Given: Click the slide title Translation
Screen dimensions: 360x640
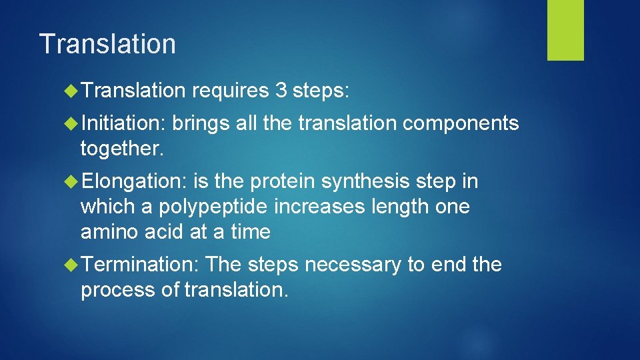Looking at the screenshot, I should pos(107,44).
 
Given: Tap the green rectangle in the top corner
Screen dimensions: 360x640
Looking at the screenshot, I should pos(565,30).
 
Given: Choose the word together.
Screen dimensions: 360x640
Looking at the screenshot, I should pos(121,148).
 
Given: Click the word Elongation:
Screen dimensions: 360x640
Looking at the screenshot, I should pos(136,181).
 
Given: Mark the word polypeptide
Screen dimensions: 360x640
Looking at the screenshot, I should pos(213,207).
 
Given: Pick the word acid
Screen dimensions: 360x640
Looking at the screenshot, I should pos(162,232).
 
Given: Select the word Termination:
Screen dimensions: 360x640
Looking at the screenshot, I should pos(141,265).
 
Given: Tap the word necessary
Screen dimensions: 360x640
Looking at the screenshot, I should pos(353,265).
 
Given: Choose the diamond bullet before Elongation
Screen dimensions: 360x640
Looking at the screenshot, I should pos(73,181).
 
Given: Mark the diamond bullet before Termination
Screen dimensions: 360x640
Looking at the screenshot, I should pos(73,265).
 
